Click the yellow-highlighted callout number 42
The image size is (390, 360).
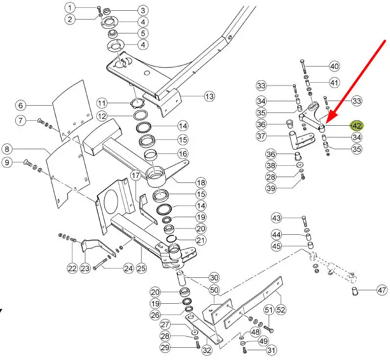tap(357, 126)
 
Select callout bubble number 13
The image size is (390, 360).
tap(209, 96)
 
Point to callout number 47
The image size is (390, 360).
tap(382, 290)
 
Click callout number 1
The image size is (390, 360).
tap(70, 8)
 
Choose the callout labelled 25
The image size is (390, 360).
tap(141, 268)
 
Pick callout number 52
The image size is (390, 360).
tap(280, 310)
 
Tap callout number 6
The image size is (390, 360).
tap(21, 105)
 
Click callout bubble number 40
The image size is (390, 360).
tap(334, 66)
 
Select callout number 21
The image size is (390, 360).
tap(201, 240)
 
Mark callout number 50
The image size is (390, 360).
tap(214, 290)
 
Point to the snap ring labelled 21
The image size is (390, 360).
tap(171, 238)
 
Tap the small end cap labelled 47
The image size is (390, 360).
tap(355, 291)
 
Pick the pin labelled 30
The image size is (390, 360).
tap(181, 278)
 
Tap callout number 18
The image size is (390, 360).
tap(201, 183)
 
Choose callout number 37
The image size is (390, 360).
tap(261, 136)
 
